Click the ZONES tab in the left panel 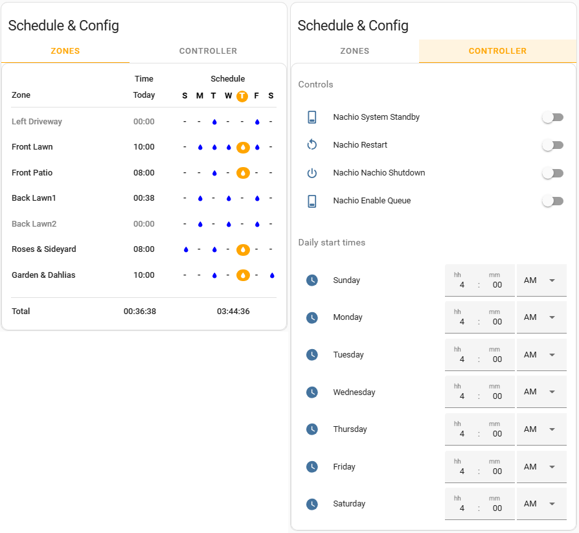[x=65, y=51]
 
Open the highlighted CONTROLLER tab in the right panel [x=497, y=51]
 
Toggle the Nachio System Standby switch [x=552, y=117]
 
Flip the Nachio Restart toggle [x=552, y=145]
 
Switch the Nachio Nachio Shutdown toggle [x=552, y=173]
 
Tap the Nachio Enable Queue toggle [x=552, y=201]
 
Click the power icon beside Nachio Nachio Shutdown [x=312, y=173]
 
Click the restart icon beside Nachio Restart [x=312, y=145]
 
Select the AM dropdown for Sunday [x=541, y=280]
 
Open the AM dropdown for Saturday [x=541, y=504]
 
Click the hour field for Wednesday [x=462, y=396]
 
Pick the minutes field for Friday [x=497, y=471]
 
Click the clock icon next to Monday [x=312, y=317]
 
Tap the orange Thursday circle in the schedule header [x=242, y=96]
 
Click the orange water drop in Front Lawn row [x=243, y=147]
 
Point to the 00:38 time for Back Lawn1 [x=144, y=198]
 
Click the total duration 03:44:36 [x=233, y=312]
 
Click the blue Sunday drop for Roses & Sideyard [x=186, y=249]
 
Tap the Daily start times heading [x=332, y=243]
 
